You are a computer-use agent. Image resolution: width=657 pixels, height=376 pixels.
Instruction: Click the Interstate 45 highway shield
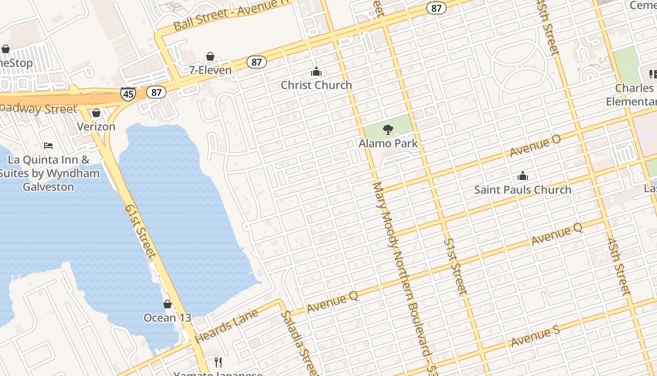pyautogui.click(x=128, y=94)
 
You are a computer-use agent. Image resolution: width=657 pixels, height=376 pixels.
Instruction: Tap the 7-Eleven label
pyautogui.click(x=210, y=70)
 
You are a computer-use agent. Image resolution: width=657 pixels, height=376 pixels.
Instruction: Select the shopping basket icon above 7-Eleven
pyautogui.click(x=210, y=57)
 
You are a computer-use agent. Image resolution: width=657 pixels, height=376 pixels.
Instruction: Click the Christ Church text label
pyautogui.click(x=316, y=85)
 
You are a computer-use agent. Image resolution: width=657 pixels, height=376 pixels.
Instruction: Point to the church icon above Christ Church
pyautogui.click(x=316, y=72)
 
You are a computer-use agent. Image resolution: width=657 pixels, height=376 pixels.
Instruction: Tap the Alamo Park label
pyautogui.click(x=388, y=143)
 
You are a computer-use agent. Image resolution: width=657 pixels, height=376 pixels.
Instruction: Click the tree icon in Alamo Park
pyautogui.click(x=388, y=130)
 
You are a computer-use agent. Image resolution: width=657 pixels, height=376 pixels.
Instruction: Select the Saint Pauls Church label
pyautogui.click(x=523, y=190)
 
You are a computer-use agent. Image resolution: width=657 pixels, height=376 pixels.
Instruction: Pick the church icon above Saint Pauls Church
pyautogui.click(x=523, y=176)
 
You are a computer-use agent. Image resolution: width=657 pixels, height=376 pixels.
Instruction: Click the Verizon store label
pyautogui.click(x=96, y=127)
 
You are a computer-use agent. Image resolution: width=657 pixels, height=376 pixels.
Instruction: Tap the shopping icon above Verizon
pyautogui.click(x=96, y=113)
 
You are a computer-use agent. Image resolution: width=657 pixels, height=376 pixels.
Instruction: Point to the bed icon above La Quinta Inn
pyautogui.click(x=48, y=146)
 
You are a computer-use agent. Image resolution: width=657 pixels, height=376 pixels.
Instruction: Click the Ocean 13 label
pyautogui.click(x=168, y=318)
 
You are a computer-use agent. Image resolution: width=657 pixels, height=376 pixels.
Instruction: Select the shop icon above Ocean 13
pyautogui.click(x=168, y=305)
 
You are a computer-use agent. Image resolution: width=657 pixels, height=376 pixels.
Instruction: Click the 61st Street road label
pyautogui.click(x=140, y=230)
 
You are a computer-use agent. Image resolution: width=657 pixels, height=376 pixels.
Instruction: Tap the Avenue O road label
pyautogui.click(x=535, y=146)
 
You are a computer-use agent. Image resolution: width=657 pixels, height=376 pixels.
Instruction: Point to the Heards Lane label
pyautogui.click(x=226, y=326)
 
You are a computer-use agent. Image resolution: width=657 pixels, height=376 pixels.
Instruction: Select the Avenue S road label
pyautogui.click(x=535, y=337)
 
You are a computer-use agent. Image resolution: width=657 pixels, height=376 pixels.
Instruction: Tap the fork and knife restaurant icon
pyautogui.click(x=218, y=362)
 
